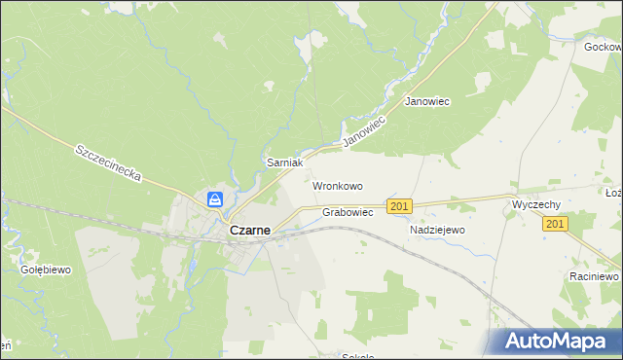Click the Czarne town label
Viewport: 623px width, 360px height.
pos(249,232)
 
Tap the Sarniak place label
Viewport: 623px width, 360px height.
pos(286,163)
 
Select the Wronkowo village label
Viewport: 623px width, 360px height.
pos(337,185)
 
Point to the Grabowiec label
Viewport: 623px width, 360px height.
pos(348,211)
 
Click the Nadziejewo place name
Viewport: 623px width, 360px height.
pos(437,230)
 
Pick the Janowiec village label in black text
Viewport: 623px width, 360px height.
pos(426,102)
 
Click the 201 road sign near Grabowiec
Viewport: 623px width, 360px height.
pos(399,206)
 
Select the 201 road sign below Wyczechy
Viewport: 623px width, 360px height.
pos(555,224)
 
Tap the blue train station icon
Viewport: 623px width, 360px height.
pos(215,199)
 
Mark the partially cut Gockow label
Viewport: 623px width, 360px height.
pos(604,47)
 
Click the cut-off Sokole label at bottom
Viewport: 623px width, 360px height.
pos(358,356)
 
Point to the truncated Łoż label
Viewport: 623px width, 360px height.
pos(613,193)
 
